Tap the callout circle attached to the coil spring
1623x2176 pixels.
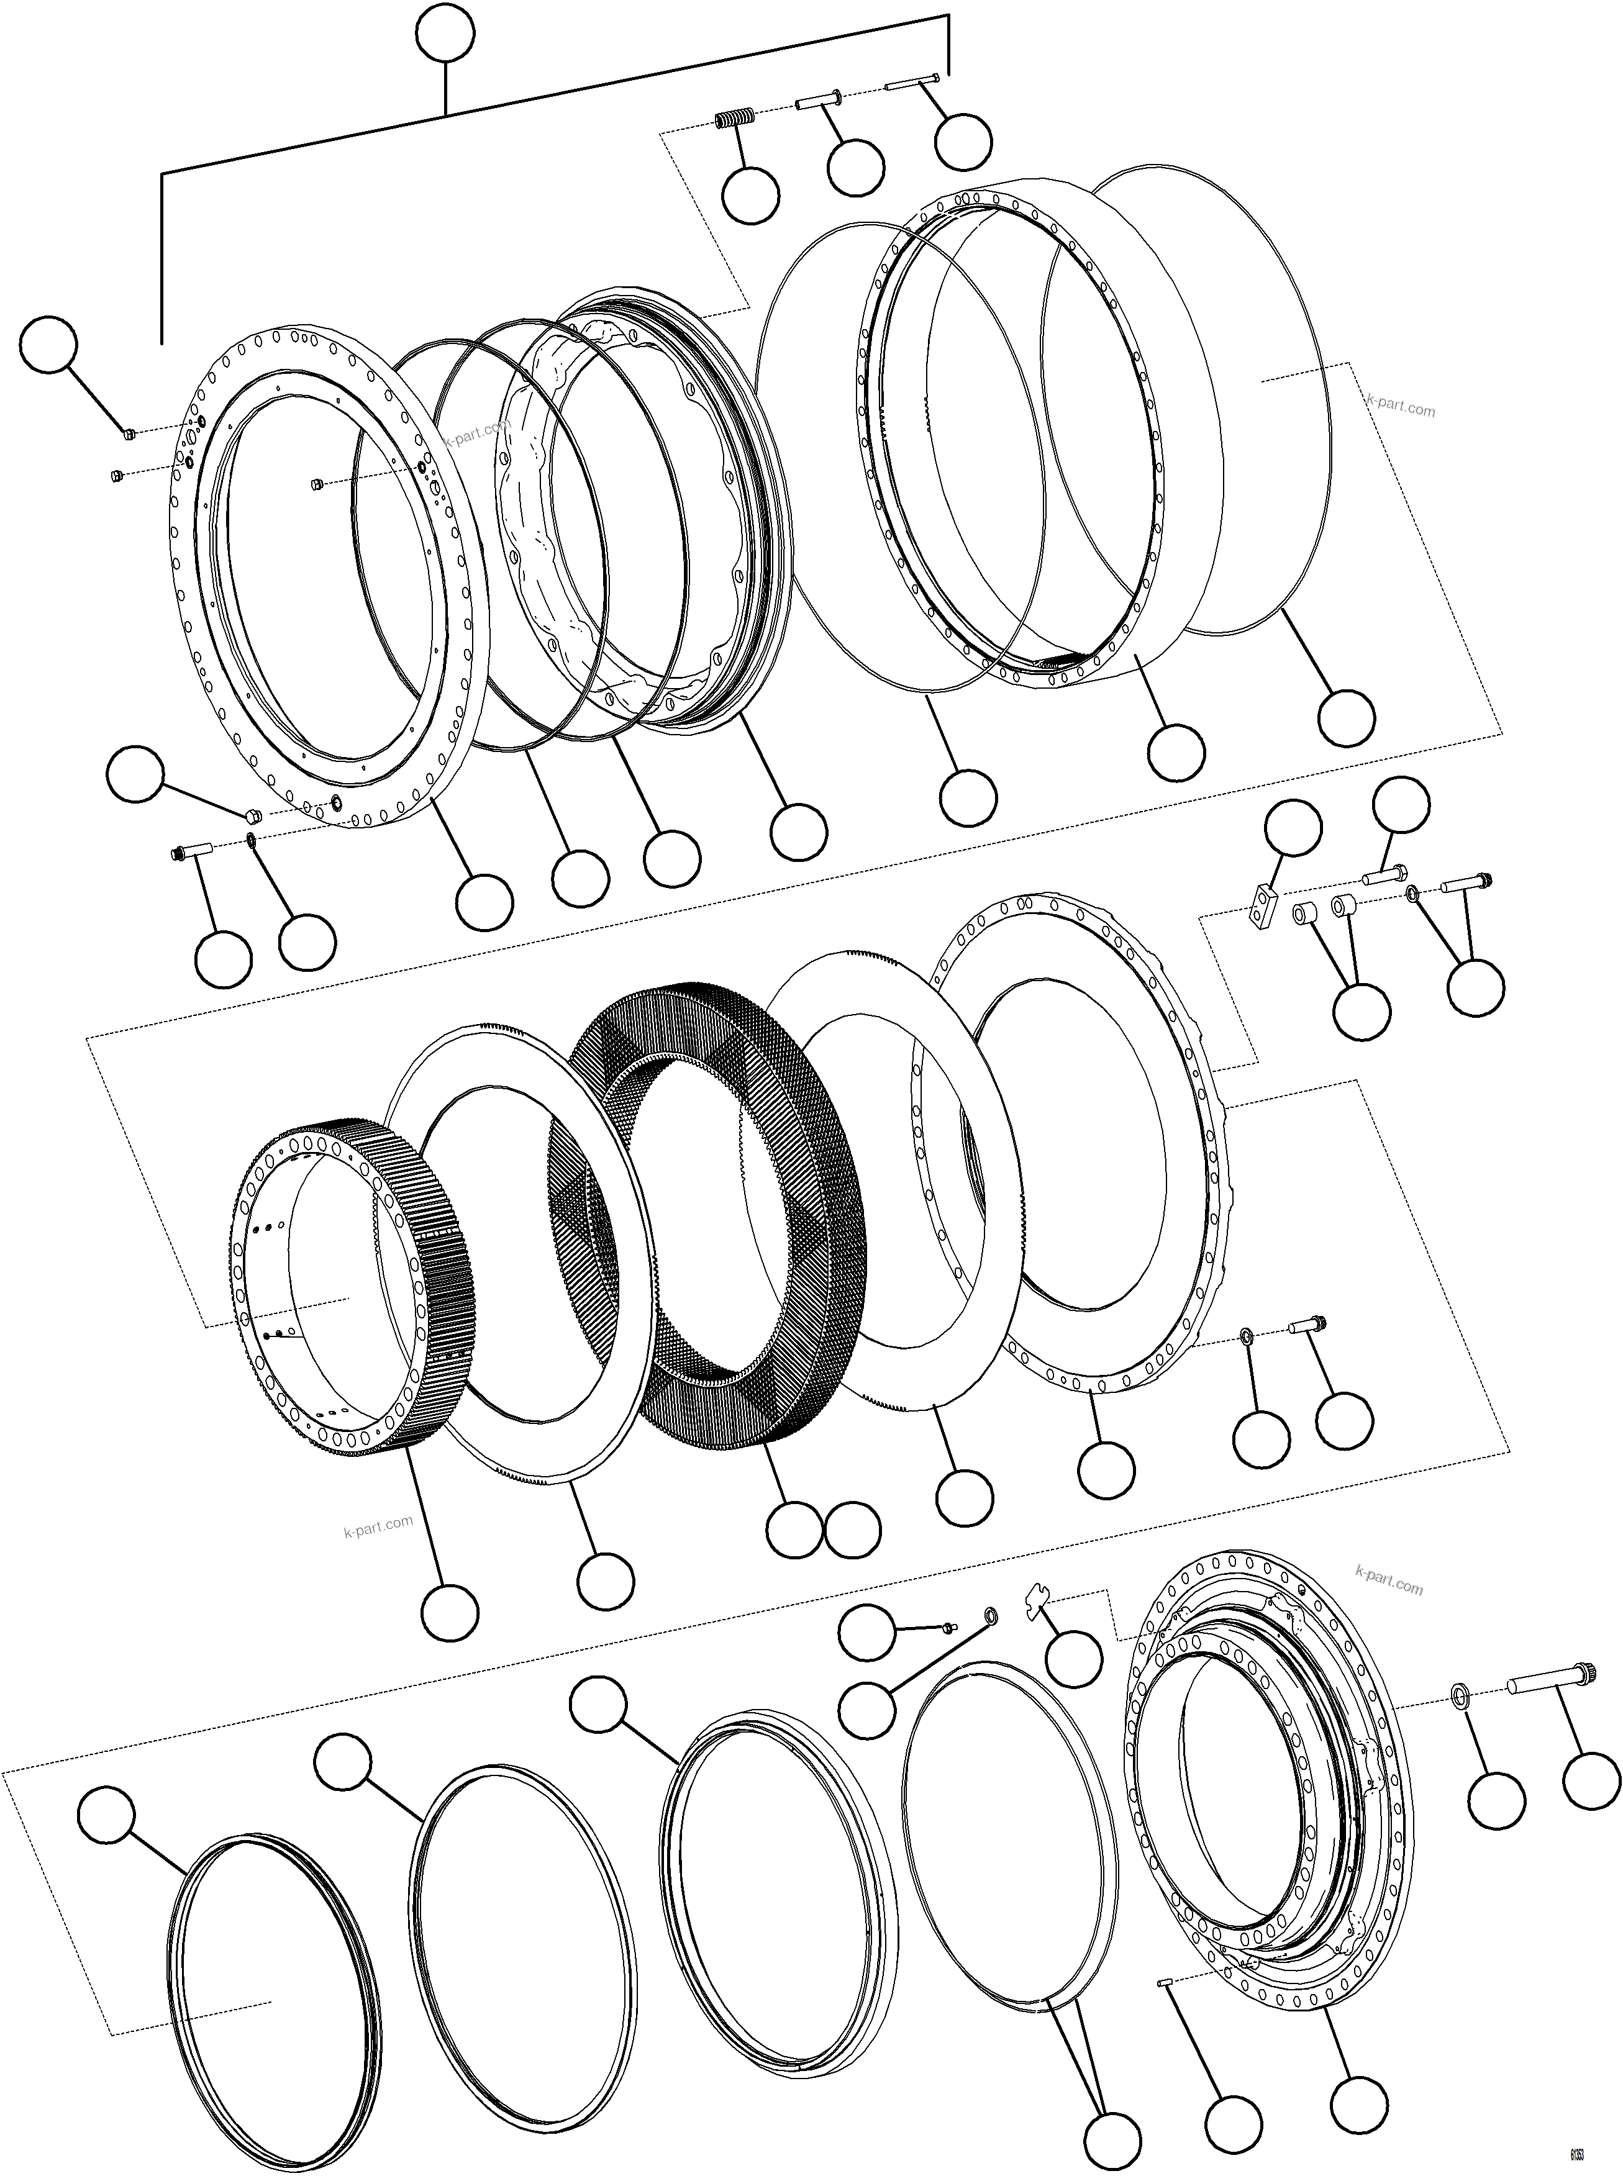click(750, 194)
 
